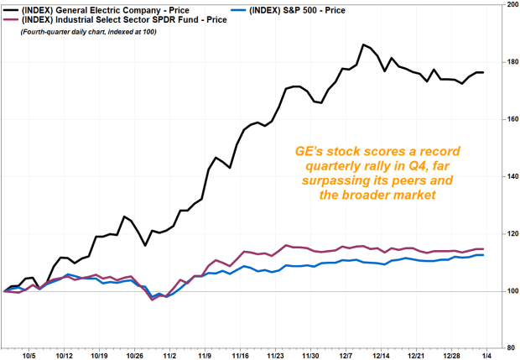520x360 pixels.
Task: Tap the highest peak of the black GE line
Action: point(362,44)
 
